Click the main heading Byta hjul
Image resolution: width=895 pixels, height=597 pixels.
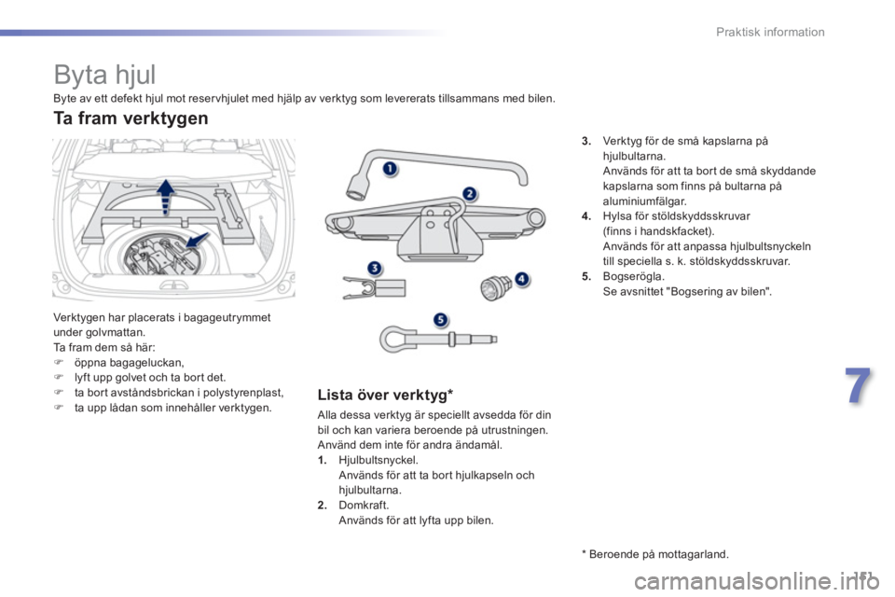pos(104,75)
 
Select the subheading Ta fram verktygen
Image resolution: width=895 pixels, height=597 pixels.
pos(131,118)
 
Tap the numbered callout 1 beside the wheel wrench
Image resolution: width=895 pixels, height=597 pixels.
pos(390,169)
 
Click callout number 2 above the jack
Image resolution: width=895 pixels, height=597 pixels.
pos(469,194)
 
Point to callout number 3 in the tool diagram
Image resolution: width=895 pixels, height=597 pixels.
pos(374,268)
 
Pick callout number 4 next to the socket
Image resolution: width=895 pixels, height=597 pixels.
pos(522,279)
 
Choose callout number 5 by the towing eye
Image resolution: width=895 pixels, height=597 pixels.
pos(440,320)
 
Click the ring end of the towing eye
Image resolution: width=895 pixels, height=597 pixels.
pos(393,339)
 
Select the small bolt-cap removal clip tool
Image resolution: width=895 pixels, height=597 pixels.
pos(374,287)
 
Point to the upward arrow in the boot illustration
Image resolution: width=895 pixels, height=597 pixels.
pos(166,196)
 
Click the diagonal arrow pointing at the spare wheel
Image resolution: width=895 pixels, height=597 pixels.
pos(196,241)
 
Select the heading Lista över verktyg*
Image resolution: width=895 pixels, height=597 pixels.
pos(385,395)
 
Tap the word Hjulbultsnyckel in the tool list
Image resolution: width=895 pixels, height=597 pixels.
pos(378,460)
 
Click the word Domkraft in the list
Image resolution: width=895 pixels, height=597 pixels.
pos(364,505)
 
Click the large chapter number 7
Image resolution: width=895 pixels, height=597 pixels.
pos(858,386)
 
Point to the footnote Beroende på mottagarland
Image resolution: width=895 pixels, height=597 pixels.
pos(655,554)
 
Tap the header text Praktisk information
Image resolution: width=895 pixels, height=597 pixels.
pos(770,32)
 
